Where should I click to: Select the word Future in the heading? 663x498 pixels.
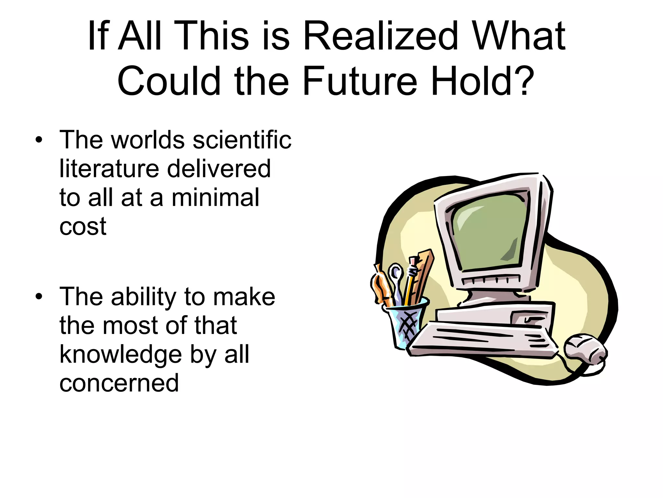tap(360, 81)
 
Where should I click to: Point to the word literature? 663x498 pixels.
tap(109, 169)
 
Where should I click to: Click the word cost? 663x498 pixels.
tap(83, 226)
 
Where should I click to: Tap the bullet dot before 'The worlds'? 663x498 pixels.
tap(39, 140)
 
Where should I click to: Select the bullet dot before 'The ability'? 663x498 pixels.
tap(39, 297)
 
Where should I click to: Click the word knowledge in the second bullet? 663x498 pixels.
tap(121, 354)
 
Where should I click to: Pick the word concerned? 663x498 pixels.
tap(119, 383)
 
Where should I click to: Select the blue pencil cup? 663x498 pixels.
tap(405, 324)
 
